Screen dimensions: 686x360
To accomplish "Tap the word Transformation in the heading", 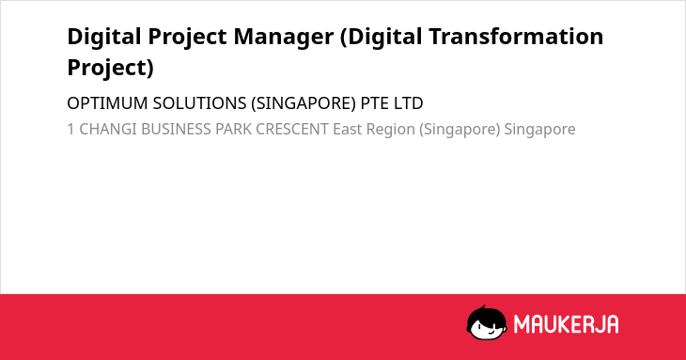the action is (x=516, y=36).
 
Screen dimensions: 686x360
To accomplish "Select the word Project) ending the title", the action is (x=110, y=68).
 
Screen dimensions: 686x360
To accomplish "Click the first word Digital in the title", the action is (x=104, y=37).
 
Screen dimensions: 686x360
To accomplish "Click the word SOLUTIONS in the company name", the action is (x=199, y=103).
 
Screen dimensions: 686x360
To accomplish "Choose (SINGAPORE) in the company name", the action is (x=304, y=103).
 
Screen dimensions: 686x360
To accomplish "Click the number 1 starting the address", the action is (x=70, y=129).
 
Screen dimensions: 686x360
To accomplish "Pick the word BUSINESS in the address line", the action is (x=176, y=129).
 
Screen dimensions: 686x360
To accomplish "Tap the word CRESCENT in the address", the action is (x=292, y=129).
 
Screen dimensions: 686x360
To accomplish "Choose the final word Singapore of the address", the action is (x=540, y=130).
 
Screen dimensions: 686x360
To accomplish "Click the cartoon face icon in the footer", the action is (x=487, y=322).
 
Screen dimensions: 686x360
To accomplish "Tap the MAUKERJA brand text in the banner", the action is (x=566, y=324).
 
